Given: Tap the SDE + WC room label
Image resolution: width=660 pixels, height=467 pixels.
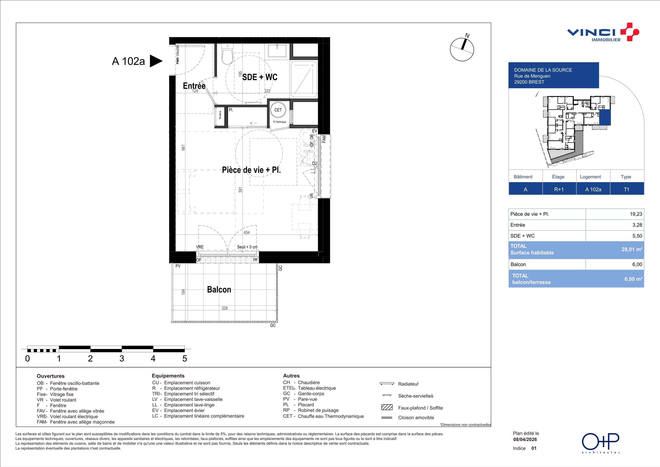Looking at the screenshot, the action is point(260,77).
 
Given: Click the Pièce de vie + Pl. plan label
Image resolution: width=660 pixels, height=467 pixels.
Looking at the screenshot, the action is point(251,170).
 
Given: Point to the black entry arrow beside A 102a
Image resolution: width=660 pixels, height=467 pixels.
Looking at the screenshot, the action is point(156,61).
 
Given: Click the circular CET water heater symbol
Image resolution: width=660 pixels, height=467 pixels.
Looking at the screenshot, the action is point(278,110).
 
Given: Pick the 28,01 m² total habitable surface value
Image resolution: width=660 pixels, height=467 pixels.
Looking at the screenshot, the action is point(632,249).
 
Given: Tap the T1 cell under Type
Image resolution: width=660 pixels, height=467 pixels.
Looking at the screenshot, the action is point(627,189).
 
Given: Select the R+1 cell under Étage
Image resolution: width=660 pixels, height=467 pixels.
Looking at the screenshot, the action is point(559,189).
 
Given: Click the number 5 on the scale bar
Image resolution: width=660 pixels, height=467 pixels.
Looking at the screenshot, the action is point(185,359).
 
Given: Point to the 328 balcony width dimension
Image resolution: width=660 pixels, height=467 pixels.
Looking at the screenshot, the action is point(224,308).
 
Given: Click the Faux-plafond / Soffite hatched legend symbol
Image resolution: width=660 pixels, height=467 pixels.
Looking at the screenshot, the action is point(387,407).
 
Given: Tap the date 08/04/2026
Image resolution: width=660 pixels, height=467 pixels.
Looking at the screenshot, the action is point(525,439).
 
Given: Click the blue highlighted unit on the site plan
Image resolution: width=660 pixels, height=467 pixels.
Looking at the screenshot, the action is point(605,118).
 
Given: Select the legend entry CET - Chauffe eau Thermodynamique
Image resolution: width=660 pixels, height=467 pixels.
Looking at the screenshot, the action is point(323,416).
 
